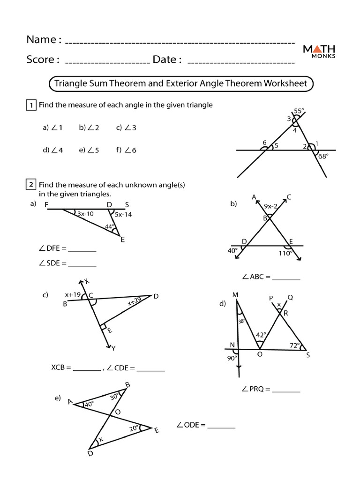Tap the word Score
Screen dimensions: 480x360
43,60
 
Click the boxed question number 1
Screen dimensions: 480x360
30,105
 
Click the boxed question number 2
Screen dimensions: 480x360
30,185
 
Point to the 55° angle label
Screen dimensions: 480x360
299,111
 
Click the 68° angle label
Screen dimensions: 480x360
323,157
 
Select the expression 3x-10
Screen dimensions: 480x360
86,214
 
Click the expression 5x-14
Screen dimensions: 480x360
123,215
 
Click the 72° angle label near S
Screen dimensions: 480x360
295,345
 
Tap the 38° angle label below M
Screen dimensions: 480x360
241,322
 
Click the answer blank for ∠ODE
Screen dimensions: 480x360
221,427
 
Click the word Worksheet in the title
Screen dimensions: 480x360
285,83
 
